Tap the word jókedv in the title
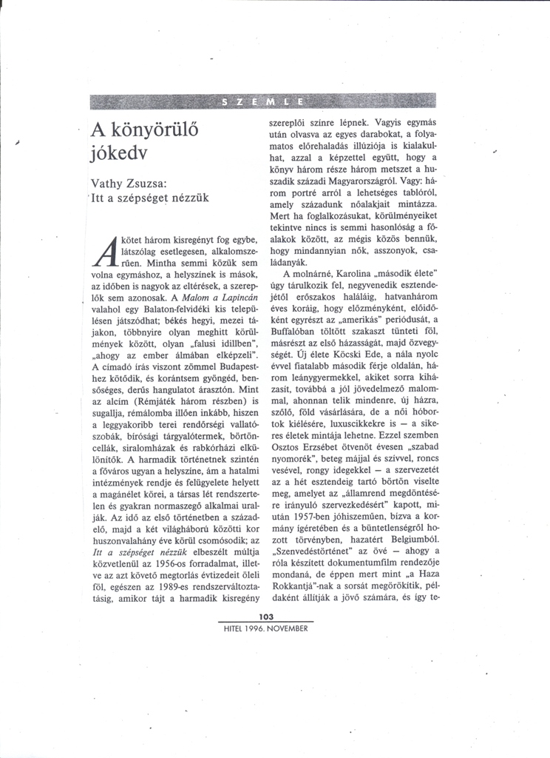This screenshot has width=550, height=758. (x=119, y=155)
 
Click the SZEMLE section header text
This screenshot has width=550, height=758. (x=262, y=101)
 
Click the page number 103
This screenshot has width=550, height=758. (x=266, y=617)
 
